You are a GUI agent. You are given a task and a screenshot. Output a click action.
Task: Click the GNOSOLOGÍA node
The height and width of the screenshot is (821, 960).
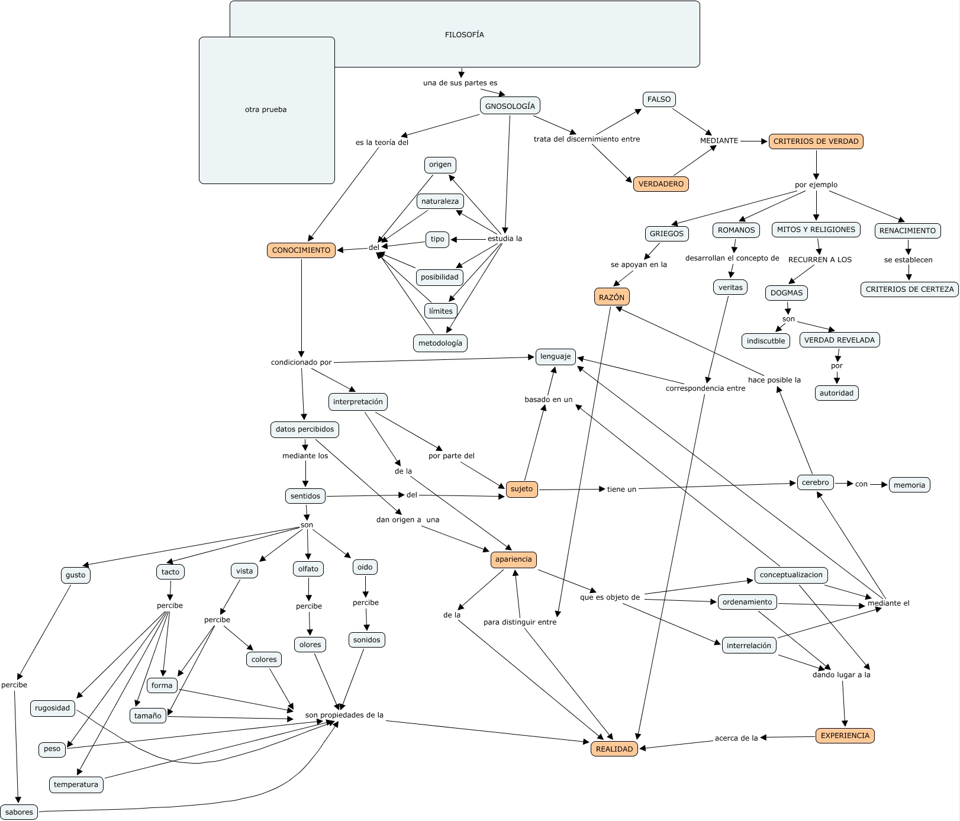510,106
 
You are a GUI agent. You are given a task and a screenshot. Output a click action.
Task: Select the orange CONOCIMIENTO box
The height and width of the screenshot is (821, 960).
301,250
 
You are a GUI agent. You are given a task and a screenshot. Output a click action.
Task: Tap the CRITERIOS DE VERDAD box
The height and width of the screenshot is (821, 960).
816,141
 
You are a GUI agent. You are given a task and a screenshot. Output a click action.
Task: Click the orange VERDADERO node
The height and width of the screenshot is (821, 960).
661,184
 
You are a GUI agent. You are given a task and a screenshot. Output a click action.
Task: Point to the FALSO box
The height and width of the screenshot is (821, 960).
659,99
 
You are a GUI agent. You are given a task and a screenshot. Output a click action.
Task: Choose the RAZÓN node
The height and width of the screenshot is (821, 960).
611,297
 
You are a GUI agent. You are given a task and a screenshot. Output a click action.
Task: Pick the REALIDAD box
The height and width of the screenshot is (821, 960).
614,749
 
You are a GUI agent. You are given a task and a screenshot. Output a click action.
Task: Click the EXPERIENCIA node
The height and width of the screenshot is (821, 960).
845,736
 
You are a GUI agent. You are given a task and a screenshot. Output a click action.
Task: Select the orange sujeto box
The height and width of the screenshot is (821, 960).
521,489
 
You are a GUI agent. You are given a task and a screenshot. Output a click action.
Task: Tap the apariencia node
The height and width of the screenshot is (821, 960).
513,559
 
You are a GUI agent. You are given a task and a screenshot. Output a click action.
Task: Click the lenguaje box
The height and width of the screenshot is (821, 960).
555,356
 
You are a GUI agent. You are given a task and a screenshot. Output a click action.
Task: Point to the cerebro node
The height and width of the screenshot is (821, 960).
815,482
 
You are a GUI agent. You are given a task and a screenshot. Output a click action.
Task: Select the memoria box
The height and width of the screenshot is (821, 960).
909,485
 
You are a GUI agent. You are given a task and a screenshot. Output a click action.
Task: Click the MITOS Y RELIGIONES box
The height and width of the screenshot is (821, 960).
816,230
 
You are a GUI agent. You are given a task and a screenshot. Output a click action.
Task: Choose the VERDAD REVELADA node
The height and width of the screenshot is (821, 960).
839,340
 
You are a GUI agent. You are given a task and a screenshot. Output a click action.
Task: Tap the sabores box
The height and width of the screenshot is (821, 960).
19,812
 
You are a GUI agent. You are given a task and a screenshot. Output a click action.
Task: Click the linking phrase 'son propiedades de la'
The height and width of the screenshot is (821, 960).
344,715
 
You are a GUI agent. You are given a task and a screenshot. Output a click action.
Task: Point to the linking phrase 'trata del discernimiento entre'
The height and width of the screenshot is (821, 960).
587,139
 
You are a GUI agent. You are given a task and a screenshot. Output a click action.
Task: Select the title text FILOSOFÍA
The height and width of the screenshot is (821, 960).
464,35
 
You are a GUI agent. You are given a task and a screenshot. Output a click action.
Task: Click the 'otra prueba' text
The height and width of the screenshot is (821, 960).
266,110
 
